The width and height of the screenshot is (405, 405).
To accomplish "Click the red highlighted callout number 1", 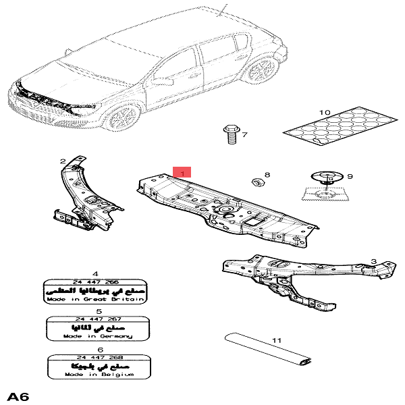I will tap(182, 173).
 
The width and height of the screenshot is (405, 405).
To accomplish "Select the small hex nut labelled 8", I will tap(256, 182).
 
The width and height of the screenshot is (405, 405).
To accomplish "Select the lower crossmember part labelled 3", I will tap(297, 277).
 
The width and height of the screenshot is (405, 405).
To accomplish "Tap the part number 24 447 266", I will tap(95, 281).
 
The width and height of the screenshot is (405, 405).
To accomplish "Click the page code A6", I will tap(19, 395).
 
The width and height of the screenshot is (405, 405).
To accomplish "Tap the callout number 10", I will tap(324, 112).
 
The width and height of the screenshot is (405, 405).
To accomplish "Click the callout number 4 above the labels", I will tap(95, 272).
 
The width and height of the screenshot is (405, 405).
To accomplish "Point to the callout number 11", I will tap(276, 341).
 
